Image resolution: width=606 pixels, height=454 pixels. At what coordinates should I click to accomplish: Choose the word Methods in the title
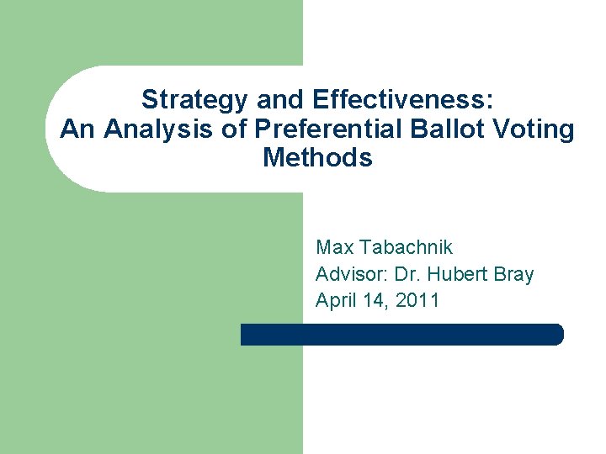317,157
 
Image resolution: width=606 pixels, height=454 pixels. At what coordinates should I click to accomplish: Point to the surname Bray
515,274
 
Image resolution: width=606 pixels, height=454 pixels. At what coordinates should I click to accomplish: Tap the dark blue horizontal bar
401,335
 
